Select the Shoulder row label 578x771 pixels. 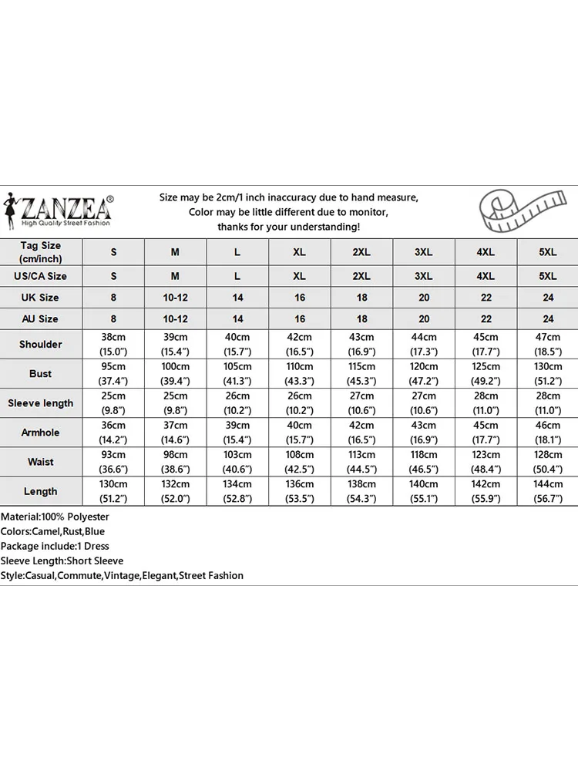[41, 345]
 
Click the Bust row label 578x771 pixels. [41, 374]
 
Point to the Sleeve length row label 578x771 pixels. [41, 403]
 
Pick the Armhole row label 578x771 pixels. [41, 433]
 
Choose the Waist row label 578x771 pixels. [41, 462]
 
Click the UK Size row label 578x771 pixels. [41, 298]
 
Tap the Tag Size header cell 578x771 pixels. [41, 252]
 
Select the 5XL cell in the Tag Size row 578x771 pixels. [548, 252]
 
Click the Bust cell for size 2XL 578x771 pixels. [361, 374]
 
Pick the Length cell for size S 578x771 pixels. [113, 491]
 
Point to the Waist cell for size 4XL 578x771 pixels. [486, 462]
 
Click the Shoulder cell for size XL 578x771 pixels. [299, 345]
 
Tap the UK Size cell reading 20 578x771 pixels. [424, 298]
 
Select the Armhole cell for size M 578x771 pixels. [175, 433]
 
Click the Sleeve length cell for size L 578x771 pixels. [237, 403]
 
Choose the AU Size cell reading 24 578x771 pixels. [548, 319]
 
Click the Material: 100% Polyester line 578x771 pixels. [55, 517]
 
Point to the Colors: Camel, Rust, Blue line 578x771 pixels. [53, 531]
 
